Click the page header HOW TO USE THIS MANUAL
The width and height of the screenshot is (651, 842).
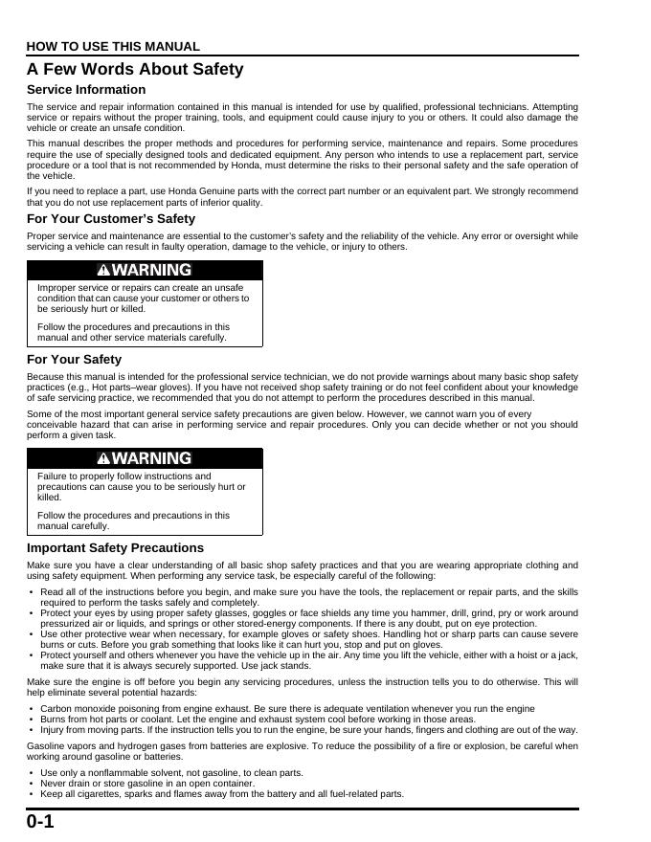[113, 46]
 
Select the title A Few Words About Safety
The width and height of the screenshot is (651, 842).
[135, 69]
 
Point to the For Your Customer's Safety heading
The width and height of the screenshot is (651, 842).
[111, 219]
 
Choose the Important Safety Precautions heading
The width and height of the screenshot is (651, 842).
[115, 548]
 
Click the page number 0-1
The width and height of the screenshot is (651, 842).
[40, 822]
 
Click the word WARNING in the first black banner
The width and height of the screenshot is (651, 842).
[152, 271]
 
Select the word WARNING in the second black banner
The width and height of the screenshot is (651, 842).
[152, 458]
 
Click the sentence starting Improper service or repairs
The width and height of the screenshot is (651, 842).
[144, 298]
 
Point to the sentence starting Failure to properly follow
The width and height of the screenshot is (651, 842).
[142, 486]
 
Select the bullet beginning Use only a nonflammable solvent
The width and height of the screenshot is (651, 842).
[171, 772]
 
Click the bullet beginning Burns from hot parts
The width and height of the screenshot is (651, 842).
[258, 719]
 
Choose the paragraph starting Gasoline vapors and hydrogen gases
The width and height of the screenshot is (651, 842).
[303, 750]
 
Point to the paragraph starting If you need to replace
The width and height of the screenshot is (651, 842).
[303, 197]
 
